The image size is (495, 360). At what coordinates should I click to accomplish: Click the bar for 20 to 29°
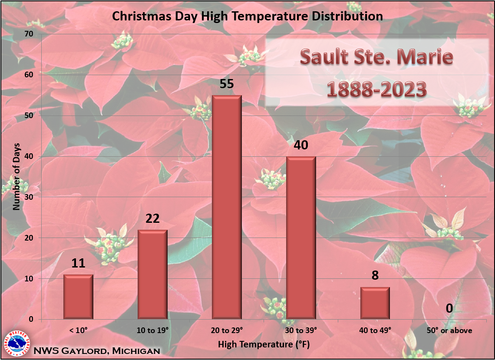tap(227, 207)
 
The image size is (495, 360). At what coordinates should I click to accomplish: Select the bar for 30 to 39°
tap(301, 238)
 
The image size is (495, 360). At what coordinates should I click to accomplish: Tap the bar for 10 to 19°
tap(152, 274)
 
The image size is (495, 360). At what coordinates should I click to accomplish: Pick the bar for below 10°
tap(78, 297)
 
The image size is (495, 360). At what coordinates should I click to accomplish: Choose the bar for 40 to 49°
tap(375, 303)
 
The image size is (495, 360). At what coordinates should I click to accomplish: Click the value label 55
tap(227, 84)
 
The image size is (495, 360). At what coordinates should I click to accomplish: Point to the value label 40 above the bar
tap(301, 145)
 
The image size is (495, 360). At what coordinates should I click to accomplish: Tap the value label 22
tap(152, 218)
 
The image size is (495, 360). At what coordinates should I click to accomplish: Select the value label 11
tap(78, 263)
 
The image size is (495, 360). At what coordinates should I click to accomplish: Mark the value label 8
tap(375, 276)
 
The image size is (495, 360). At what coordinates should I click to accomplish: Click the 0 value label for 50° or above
tap(449, 308)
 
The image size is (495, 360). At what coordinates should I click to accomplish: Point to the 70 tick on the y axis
tap(30, 34)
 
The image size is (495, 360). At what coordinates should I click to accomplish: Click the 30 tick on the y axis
tap(30, 197)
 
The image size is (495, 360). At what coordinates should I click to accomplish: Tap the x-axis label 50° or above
tap(449, 330)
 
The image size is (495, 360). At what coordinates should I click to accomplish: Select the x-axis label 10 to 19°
tap(152, 330)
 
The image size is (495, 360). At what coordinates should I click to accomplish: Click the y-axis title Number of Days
tap(16, 177)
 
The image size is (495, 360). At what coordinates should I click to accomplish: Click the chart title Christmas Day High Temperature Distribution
tap(247, 16)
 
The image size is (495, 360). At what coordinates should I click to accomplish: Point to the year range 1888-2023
tap(376, 89)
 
